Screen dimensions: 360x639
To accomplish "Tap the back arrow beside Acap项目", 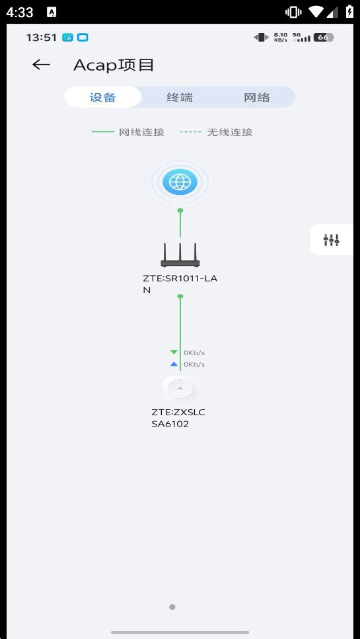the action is coord(41,65).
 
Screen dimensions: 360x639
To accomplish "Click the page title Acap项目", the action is coord(114,65).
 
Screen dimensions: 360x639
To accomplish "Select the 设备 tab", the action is coord(103,98).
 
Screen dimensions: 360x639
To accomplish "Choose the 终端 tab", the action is coord(180,98).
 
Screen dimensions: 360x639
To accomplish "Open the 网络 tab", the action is coord(257,98).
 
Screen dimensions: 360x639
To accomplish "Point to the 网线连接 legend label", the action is coord(141,132).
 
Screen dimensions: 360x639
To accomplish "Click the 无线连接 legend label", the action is coord(230,132).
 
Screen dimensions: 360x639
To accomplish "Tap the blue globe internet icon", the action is coord(180,182).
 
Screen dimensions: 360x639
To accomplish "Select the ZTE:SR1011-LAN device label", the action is coord(180,285).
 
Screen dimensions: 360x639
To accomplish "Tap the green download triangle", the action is coord(174,352).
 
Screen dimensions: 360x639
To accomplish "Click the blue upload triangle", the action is coord(174,364).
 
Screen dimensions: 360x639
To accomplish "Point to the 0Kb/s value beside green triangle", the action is coord(194,353).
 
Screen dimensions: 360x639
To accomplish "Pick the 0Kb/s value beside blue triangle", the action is coord(194,364).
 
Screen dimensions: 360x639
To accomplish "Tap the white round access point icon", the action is coord(180,389).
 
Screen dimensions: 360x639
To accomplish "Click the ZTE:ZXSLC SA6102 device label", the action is coord(178,418).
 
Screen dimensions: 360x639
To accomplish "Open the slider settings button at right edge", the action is coord(332,240).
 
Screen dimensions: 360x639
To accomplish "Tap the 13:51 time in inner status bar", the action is coord(41,38).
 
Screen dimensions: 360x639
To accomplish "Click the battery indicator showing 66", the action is coord(324,38).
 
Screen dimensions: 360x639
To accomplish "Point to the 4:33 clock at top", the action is coord(20,13).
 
